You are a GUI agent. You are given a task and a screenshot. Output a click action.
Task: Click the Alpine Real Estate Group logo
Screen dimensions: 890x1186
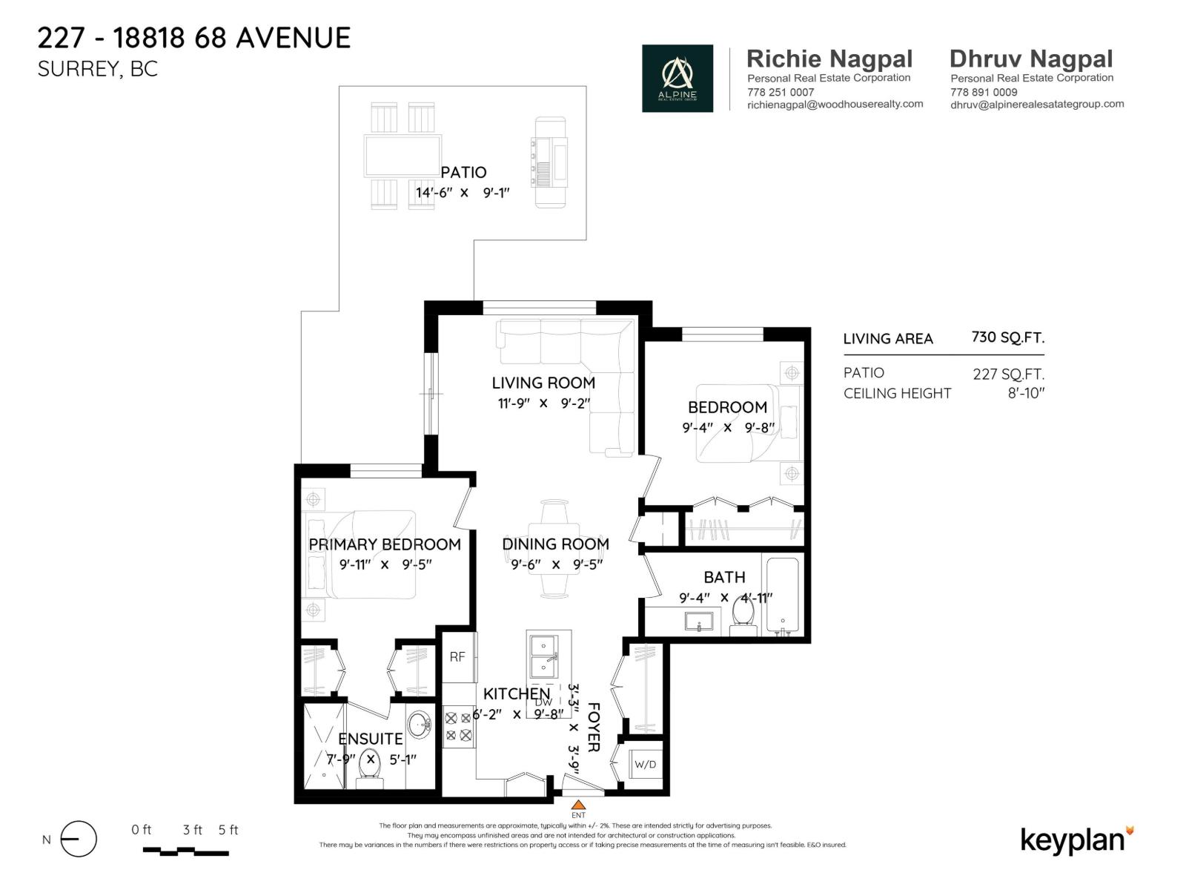[677, 78]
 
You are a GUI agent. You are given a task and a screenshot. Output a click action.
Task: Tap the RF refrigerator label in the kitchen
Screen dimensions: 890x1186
[457, 656]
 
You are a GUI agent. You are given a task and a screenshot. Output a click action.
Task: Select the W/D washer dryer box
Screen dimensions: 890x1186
[645, 764]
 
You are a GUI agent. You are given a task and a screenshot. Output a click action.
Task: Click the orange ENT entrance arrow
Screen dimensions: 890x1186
[578, 805]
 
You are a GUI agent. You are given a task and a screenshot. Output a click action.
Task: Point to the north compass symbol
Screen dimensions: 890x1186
[78, 840]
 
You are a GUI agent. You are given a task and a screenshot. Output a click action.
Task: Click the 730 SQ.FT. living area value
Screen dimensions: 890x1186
[1007, 337]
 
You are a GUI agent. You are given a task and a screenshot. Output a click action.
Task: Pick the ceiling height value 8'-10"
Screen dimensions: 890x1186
[1025, 393]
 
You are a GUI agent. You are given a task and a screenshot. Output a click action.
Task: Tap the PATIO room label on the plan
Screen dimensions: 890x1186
[463, 172]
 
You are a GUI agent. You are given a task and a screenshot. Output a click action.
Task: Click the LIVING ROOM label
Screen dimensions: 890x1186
[543, 383]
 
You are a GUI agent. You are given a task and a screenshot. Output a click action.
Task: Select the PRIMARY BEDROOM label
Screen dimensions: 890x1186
[385, 544]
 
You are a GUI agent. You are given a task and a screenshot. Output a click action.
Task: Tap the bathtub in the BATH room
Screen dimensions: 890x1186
[781, 596]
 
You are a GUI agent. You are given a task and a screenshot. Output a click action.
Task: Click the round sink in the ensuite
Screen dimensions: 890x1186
[420, 724]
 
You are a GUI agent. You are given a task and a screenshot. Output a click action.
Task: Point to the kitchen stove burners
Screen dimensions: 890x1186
[458, 727]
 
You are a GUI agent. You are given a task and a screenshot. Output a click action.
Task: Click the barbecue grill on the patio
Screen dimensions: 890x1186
[550, 162]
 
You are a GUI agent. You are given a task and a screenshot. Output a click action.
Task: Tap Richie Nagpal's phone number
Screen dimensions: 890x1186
[781, 92]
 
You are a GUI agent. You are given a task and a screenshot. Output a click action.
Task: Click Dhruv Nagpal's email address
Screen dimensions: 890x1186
[1036, 105]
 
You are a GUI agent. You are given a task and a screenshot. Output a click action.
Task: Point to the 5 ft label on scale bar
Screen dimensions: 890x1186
[228, 830]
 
